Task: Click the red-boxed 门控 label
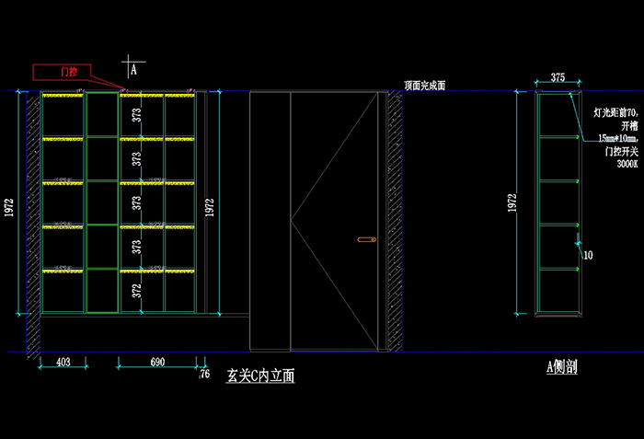pos(68,70)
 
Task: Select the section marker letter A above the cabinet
pos(133,68)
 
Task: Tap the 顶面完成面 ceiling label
pos(424,85)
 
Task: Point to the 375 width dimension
pos(558,78)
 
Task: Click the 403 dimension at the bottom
pos(63,363)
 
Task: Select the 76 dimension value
pos(204,374)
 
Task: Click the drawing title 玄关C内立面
pos(260,375)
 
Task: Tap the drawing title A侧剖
pos(561,367)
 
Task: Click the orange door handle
pos(366,240)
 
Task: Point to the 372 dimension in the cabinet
pos(136,290)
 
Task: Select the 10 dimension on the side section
pos(587,255)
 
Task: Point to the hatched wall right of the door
pos(395,221)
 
